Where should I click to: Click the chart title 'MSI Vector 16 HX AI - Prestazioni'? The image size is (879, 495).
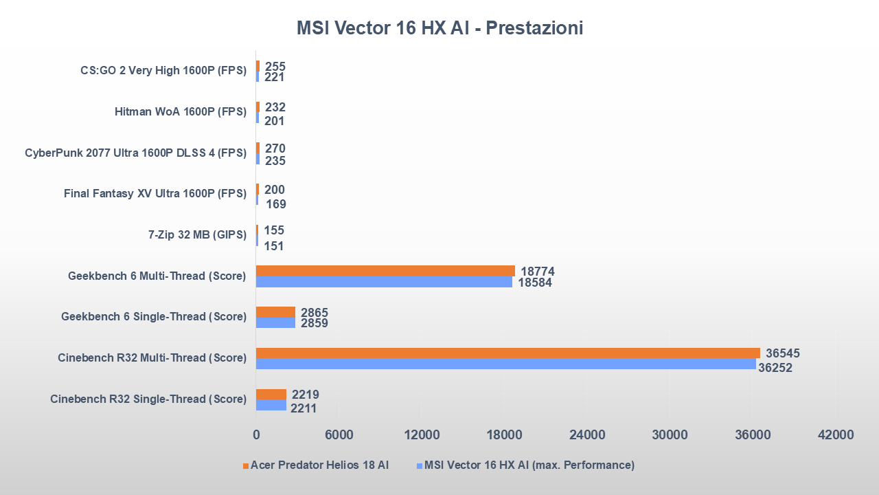439,28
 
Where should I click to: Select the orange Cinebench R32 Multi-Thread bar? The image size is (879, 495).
507,353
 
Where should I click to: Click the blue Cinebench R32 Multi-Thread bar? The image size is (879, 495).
505,364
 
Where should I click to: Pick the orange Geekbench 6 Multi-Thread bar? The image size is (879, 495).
385,271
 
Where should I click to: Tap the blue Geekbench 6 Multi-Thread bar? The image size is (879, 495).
384,282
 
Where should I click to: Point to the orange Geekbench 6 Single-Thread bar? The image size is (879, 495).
275,312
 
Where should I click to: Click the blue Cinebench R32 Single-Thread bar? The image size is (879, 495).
271,405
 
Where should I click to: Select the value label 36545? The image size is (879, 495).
783,353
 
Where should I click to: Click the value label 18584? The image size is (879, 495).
536,282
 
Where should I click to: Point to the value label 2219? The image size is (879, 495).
305,395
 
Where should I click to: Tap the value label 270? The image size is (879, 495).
275,148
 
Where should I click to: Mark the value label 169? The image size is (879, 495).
276,204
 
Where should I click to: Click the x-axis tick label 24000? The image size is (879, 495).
587,435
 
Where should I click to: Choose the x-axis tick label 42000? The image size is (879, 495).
835,435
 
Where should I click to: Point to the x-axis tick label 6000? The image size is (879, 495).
339,435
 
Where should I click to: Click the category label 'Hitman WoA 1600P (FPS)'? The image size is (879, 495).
180,112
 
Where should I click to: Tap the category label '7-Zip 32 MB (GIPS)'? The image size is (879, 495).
197,235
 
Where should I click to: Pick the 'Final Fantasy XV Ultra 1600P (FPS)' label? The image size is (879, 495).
155,194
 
